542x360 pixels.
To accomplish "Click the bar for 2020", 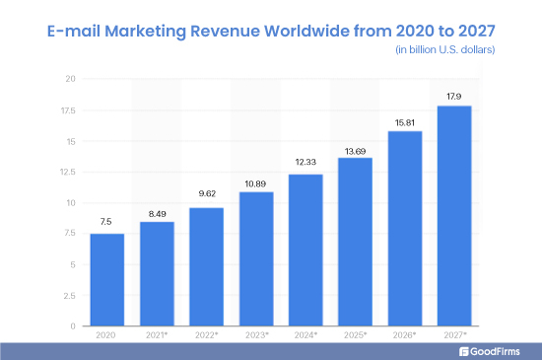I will pyautogui.click(x=106, y=280).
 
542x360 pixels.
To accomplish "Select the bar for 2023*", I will pyautogui.click(x=255, y=258).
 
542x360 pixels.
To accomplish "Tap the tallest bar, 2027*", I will pyautogui.click(x=454, y=216).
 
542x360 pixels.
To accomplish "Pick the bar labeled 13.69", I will pyautogui.click(x=355, y=242).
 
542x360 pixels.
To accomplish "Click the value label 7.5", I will pyautogui.click(x=106, y=223).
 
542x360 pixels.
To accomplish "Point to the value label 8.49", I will pyautogui.click(x=156, y=211).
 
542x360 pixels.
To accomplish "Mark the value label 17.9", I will pyautogui.click(x=454, y=95).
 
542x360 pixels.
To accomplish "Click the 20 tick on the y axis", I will pyautogui.click(x=70, y=79).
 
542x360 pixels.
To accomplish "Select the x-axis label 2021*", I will pyautogui.click(x=157, y=336).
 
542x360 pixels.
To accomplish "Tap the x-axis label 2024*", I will pyautogui.click(x=305, y=336).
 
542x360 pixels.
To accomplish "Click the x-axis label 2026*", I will pyautogui.click(x=405, y=336).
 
